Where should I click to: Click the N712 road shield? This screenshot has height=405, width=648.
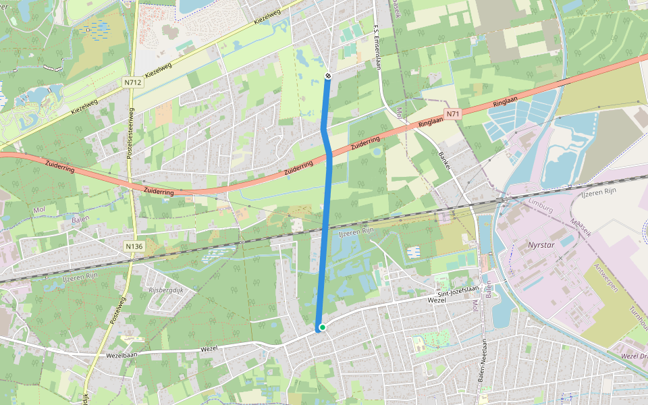(133, 82)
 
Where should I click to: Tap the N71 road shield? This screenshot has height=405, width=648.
(452, 114)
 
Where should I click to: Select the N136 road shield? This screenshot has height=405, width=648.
(134, 246)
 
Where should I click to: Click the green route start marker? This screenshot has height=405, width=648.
(323, 327)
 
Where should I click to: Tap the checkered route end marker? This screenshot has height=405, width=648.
(327, 76)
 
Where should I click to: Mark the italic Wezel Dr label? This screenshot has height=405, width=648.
(634, 355)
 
